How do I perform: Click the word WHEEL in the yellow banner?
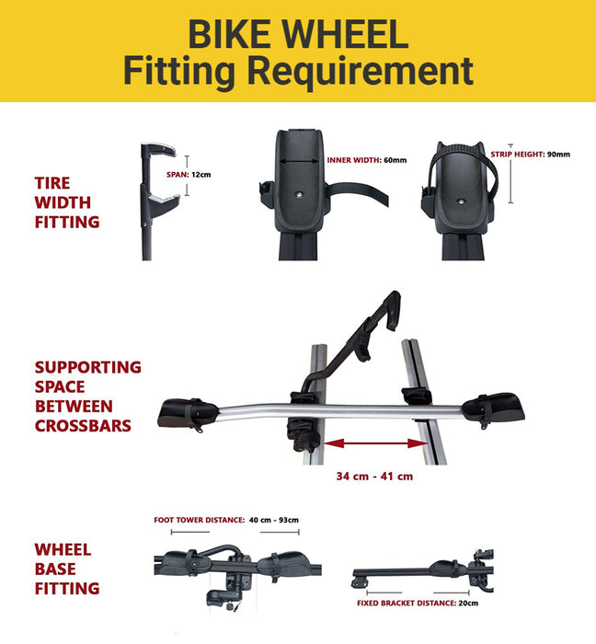point(345,34)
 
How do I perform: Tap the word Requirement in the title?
point(361,72)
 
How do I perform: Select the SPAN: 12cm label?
point(189,175)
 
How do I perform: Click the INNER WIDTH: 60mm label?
point(367,160)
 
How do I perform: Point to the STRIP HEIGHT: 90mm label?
point(531,155)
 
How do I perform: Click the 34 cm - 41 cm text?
point(374,477)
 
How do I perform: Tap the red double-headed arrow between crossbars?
point(375,443)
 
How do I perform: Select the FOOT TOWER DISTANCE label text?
point(199,520)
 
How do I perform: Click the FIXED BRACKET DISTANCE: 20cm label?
point(418,604)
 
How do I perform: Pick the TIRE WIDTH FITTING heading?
point(67,202)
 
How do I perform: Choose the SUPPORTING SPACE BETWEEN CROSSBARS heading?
point(88,397)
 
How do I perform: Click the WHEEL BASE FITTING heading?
point(67,569)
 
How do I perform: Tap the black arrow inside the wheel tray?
point(299,161)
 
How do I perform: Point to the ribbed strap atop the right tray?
point(461,149)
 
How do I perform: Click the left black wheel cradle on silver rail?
point(188,414)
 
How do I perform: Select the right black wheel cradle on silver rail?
point(493,408)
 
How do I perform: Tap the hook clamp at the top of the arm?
point(393,309)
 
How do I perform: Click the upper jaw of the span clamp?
point(159,149)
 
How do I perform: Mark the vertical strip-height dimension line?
point(510,174)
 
